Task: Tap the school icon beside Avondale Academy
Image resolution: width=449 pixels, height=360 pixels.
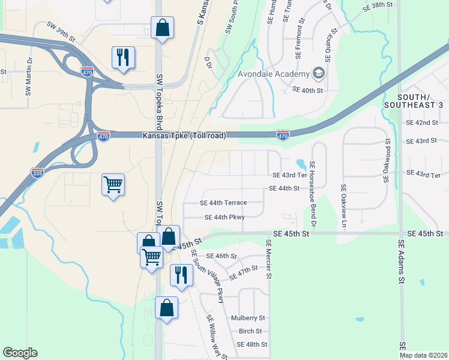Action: click(x=318, y=74)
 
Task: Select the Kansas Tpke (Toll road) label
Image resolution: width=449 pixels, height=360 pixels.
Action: click(x=184, y=136)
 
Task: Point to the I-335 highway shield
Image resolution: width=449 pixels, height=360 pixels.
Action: click(x=37, y=173)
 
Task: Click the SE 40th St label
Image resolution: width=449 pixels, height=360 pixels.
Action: click(x=307, y=90)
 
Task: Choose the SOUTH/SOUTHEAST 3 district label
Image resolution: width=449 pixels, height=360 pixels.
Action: click(x=420, y=101)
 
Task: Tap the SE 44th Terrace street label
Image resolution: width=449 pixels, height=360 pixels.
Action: click(x=223, y=203)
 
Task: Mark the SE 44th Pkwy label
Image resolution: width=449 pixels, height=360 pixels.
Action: click(x=224, y=218)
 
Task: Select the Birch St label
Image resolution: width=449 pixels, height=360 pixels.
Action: click(x=250, y=331)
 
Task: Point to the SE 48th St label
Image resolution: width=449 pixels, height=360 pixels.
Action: click(x=252, y=344)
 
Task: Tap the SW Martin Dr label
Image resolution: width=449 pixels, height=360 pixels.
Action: click(x=28, y=76)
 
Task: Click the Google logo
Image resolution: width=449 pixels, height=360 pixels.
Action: click(x=20, y=353)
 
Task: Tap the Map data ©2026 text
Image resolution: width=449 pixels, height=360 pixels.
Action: click(x=423, y=355)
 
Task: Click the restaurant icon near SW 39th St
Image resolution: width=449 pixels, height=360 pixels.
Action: click(x=123, y=58)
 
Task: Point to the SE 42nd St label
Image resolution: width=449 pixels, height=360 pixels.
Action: click(x=421, y=122)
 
